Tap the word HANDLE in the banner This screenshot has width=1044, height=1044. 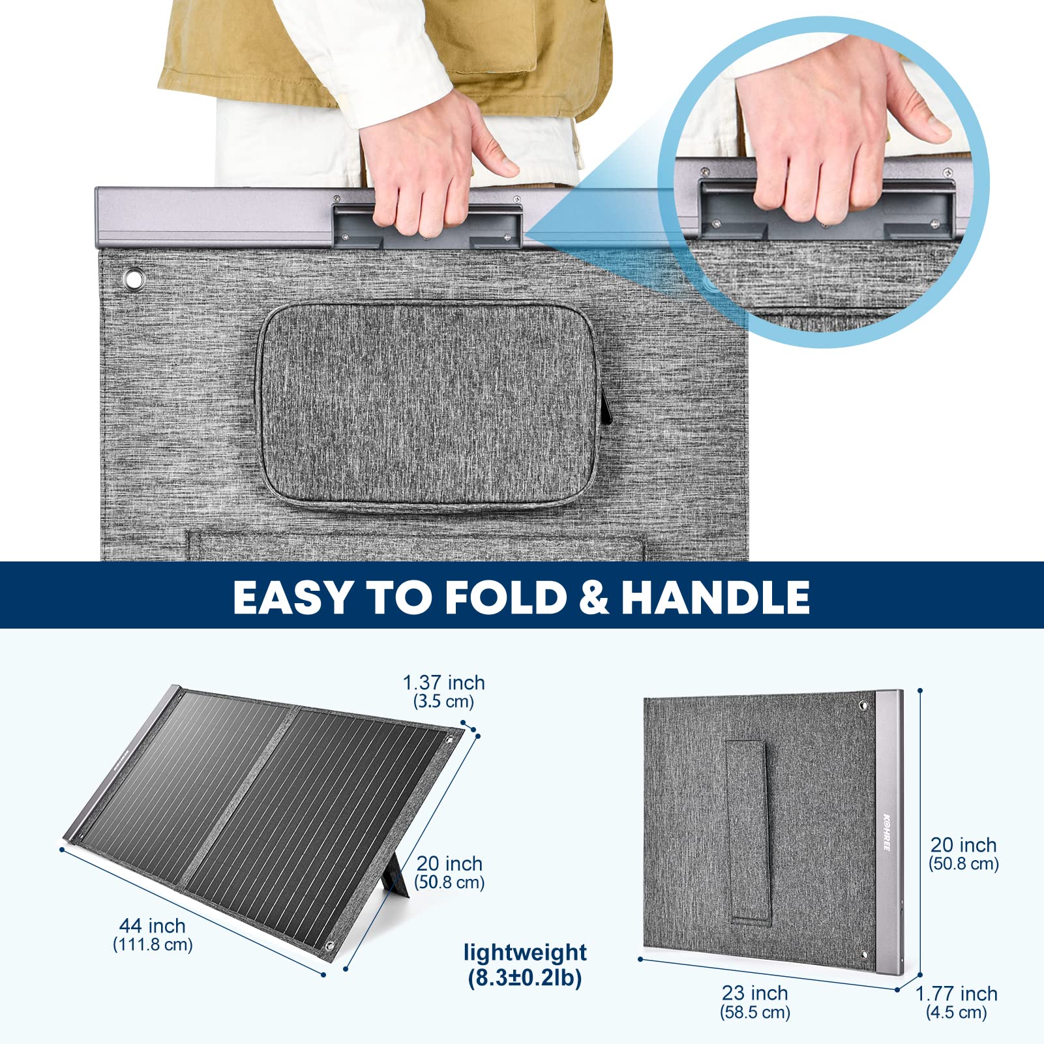pyautogui.click(x=715, y=597)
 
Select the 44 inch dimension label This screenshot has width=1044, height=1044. pyautogui.click(x=152, y=925)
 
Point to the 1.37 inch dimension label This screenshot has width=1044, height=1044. pyautogui.click(x=443, y=683)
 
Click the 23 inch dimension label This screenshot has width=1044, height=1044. pyautogui.click(x=754, y=992)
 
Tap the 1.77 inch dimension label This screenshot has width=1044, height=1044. pyautogui.click(x=956, y=993)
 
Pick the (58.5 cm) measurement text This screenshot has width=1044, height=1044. pyautogui.click(x=754, y=1013)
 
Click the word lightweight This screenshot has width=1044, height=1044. pyautogui.click(x=525, y=953)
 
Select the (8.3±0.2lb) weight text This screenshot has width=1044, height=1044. pyautogui.click(x=525, y=977)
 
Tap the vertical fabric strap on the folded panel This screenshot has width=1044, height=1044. pyautogui.click(x=749, y=832)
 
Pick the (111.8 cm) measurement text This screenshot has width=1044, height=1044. pyautogui.click(x=153, y=945)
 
